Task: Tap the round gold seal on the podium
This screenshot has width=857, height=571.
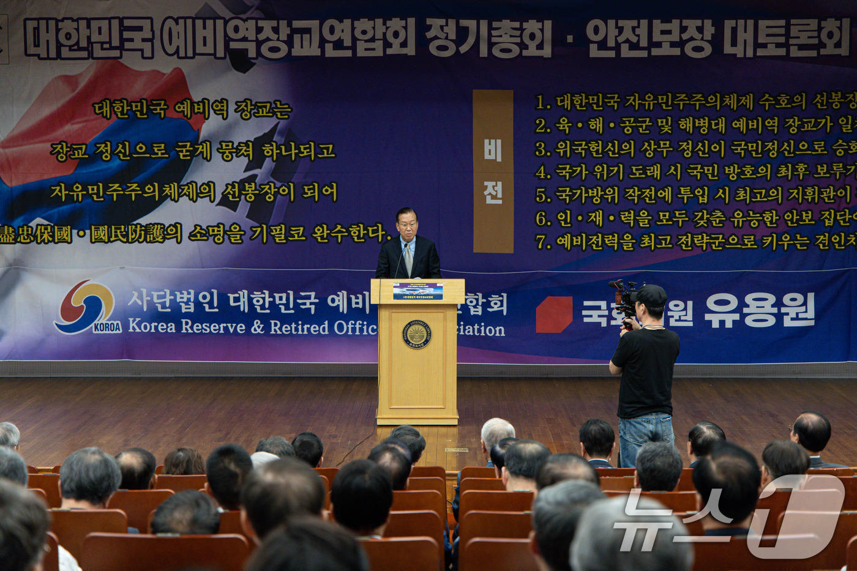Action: [416, 334]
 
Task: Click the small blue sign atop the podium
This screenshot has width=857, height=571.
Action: [417, 291]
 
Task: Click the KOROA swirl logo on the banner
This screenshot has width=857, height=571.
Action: [86, 306]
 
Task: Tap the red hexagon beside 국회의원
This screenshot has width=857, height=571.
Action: [553, 314]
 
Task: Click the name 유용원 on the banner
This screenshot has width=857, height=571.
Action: [759, 310]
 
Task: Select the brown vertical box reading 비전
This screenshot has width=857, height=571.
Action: [493, 171]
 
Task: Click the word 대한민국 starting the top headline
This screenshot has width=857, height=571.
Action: [89, 38]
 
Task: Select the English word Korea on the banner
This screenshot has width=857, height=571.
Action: [152, 326]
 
